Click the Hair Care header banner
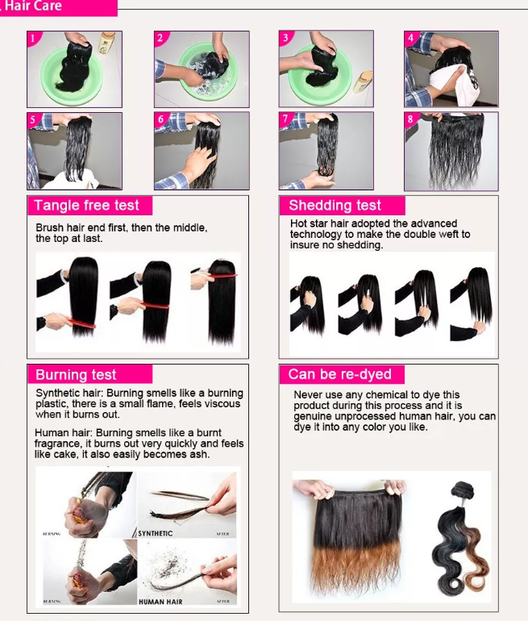[x=56, y=7]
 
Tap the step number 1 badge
[x=33, y=38]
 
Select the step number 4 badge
[x=411, y=38]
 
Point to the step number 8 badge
[x=410, y=119]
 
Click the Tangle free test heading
[x=87, y=206]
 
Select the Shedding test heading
[x=335, y=206]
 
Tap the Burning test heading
[x=76, y=375]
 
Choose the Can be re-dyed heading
[x=339, y=374]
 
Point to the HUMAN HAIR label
[x=161, y=601]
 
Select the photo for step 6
[x=202, y=151]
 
